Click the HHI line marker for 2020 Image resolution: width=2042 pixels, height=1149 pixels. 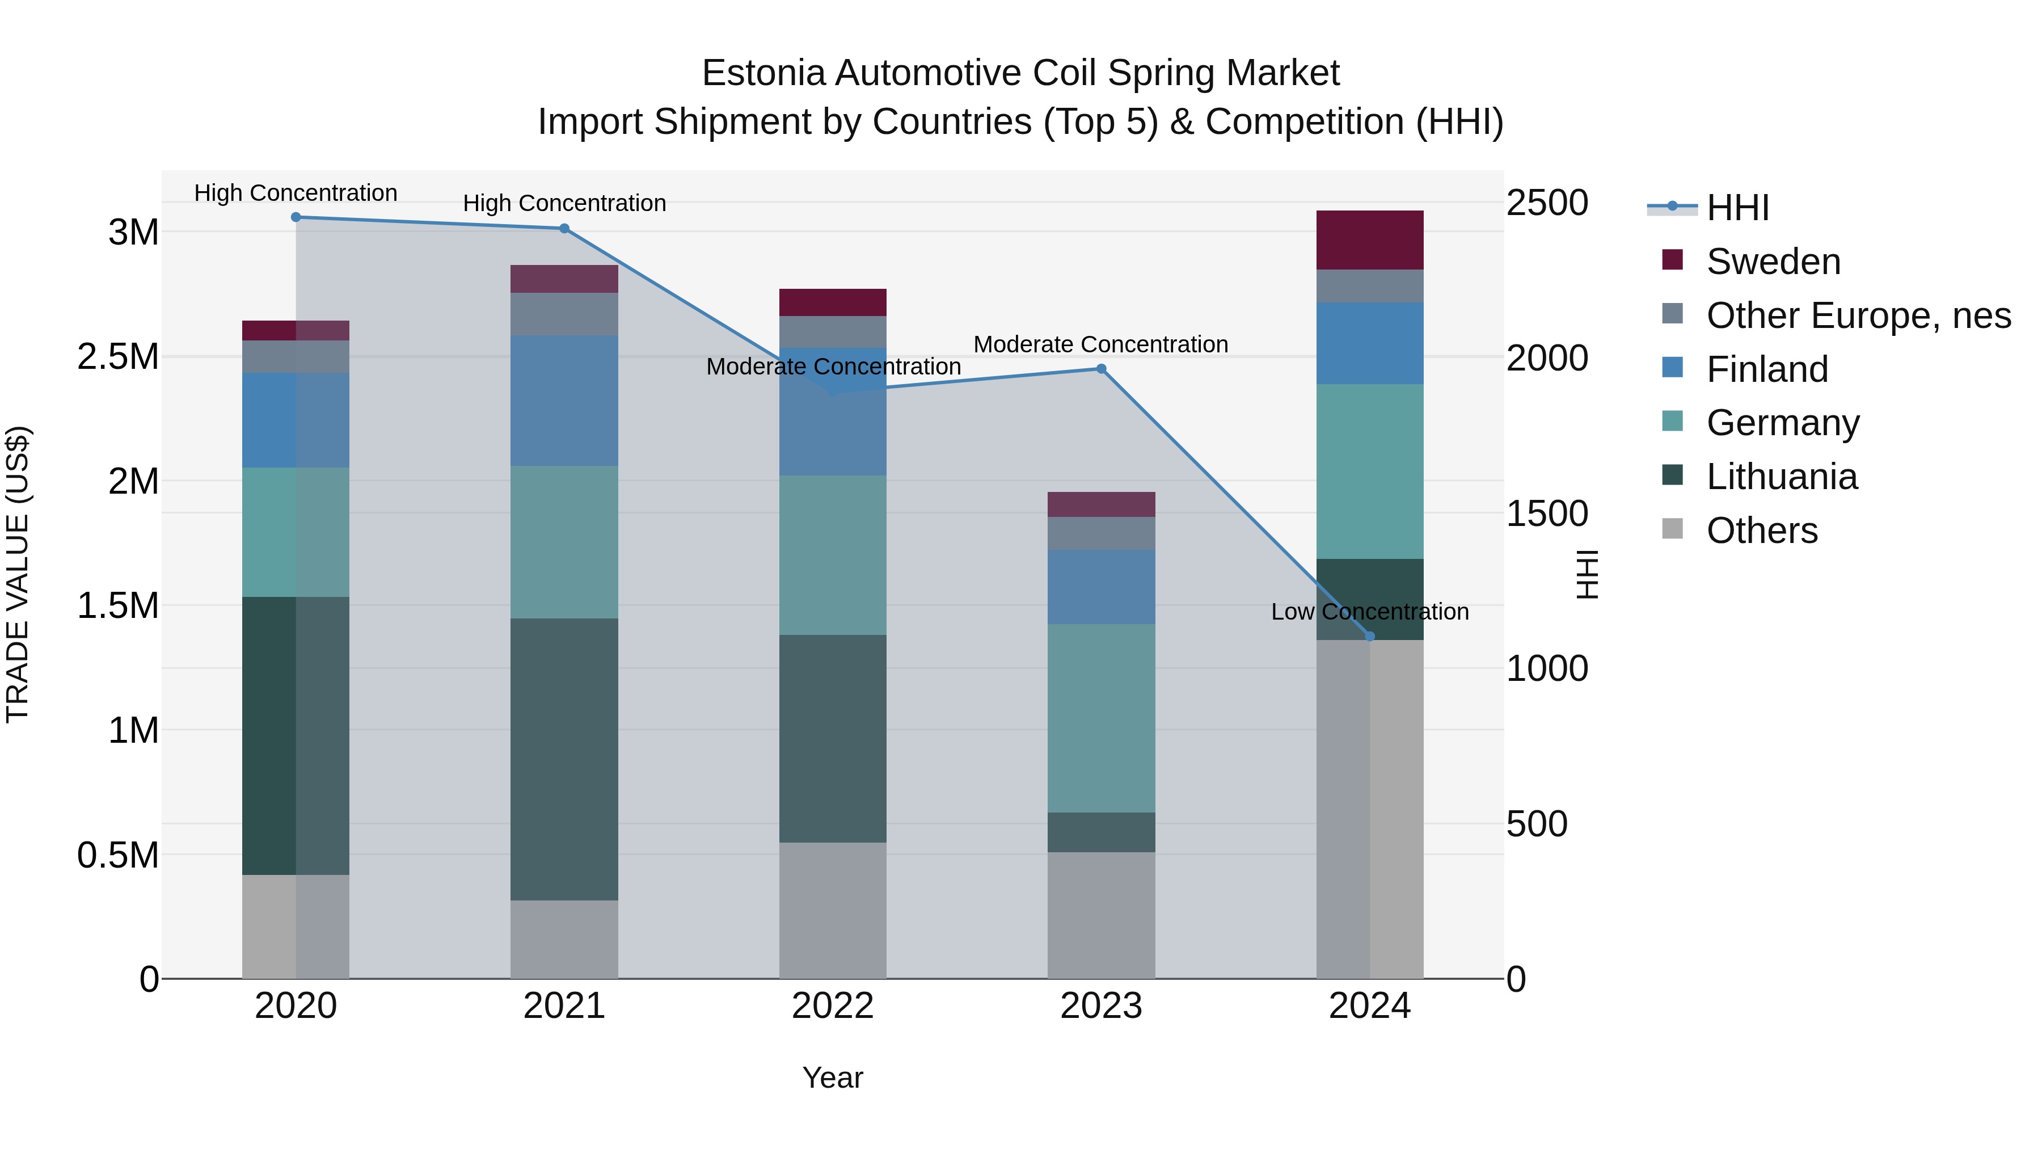pos(296,217)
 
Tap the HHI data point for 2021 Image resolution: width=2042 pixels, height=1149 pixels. pos(564,228)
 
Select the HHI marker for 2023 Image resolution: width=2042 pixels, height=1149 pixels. pos(1101,369)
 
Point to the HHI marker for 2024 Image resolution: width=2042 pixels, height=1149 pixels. pos(1370,636)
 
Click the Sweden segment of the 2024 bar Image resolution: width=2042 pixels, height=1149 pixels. pos(1370,239)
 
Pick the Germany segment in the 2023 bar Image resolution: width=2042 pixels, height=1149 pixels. pos(1101,718)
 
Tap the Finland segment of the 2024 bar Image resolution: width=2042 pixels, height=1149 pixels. pos(1370,343)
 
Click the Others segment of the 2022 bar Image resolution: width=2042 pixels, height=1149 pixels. pos(832,910)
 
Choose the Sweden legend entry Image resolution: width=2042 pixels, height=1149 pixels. pos(1773,262)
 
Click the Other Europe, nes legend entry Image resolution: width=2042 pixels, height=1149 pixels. pos(1858,315)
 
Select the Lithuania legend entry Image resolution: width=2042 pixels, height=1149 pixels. pos(1781,477)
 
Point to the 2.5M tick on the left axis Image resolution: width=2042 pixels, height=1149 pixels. pos(117,357)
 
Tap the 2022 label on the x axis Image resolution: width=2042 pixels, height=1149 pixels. pos(832,1006)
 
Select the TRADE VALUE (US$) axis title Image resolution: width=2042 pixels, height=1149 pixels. pos(18,574)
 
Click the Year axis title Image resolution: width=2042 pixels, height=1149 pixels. pos(832,1078)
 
